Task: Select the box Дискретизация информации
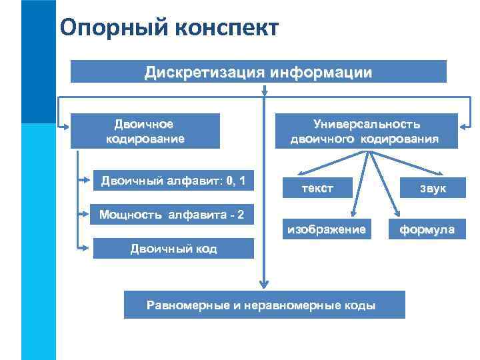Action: tap(259, 71)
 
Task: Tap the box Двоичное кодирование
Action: tap(145, 131)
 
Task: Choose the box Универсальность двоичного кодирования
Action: tap(365, 131)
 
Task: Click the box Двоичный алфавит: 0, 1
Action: tap(173, 181)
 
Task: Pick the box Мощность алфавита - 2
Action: tap(172, 214)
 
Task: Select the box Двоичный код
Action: tap(173, 249)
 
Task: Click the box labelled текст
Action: tap(317, 189)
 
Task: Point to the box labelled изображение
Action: tap(326, 229)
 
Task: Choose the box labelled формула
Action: tap(427, 230)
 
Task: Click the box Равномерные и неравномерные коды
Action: tap(264, 305)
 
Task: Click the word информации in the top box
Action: tap(321, 71)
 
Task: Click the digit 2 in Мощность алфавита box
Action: tap(239, 214)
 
